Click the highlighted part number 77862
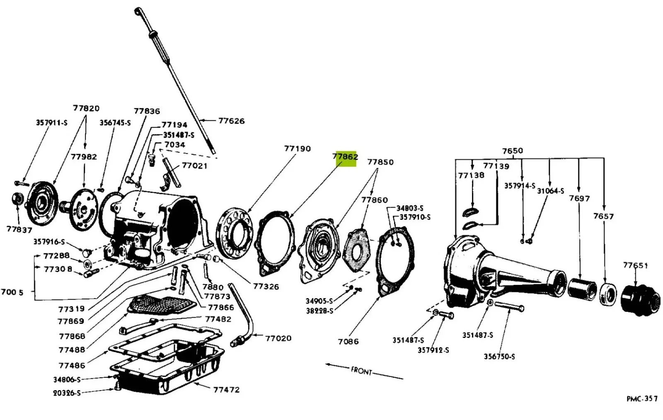click(345, 156)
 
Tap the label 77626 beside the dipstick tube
click(232, 121)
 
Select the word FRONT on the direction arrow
click(361, 371)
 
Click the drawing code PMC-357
click(642, 399)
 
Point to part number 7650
click(513, 151)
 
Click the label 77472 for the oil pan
click(226, 390)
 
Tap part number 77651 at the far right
click(636, 265)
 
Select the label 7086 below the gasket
click(348, 342)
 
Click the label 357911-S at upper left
click(52, 122)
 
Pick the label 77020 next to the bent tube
click(278, 338)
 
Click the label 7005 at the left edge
click(12, 292)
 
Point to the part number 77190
click(298, 148)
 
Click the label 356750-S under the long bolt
click(499, 356)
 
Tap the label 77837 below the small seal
click(19, 229)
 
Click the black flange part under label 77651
click(640, 299)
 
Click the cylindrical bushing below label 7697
click(582, 289)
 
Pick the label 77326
click(266, 286)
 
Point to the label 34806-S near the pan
click(67, 379)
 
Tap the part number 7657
click(603, 216)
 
